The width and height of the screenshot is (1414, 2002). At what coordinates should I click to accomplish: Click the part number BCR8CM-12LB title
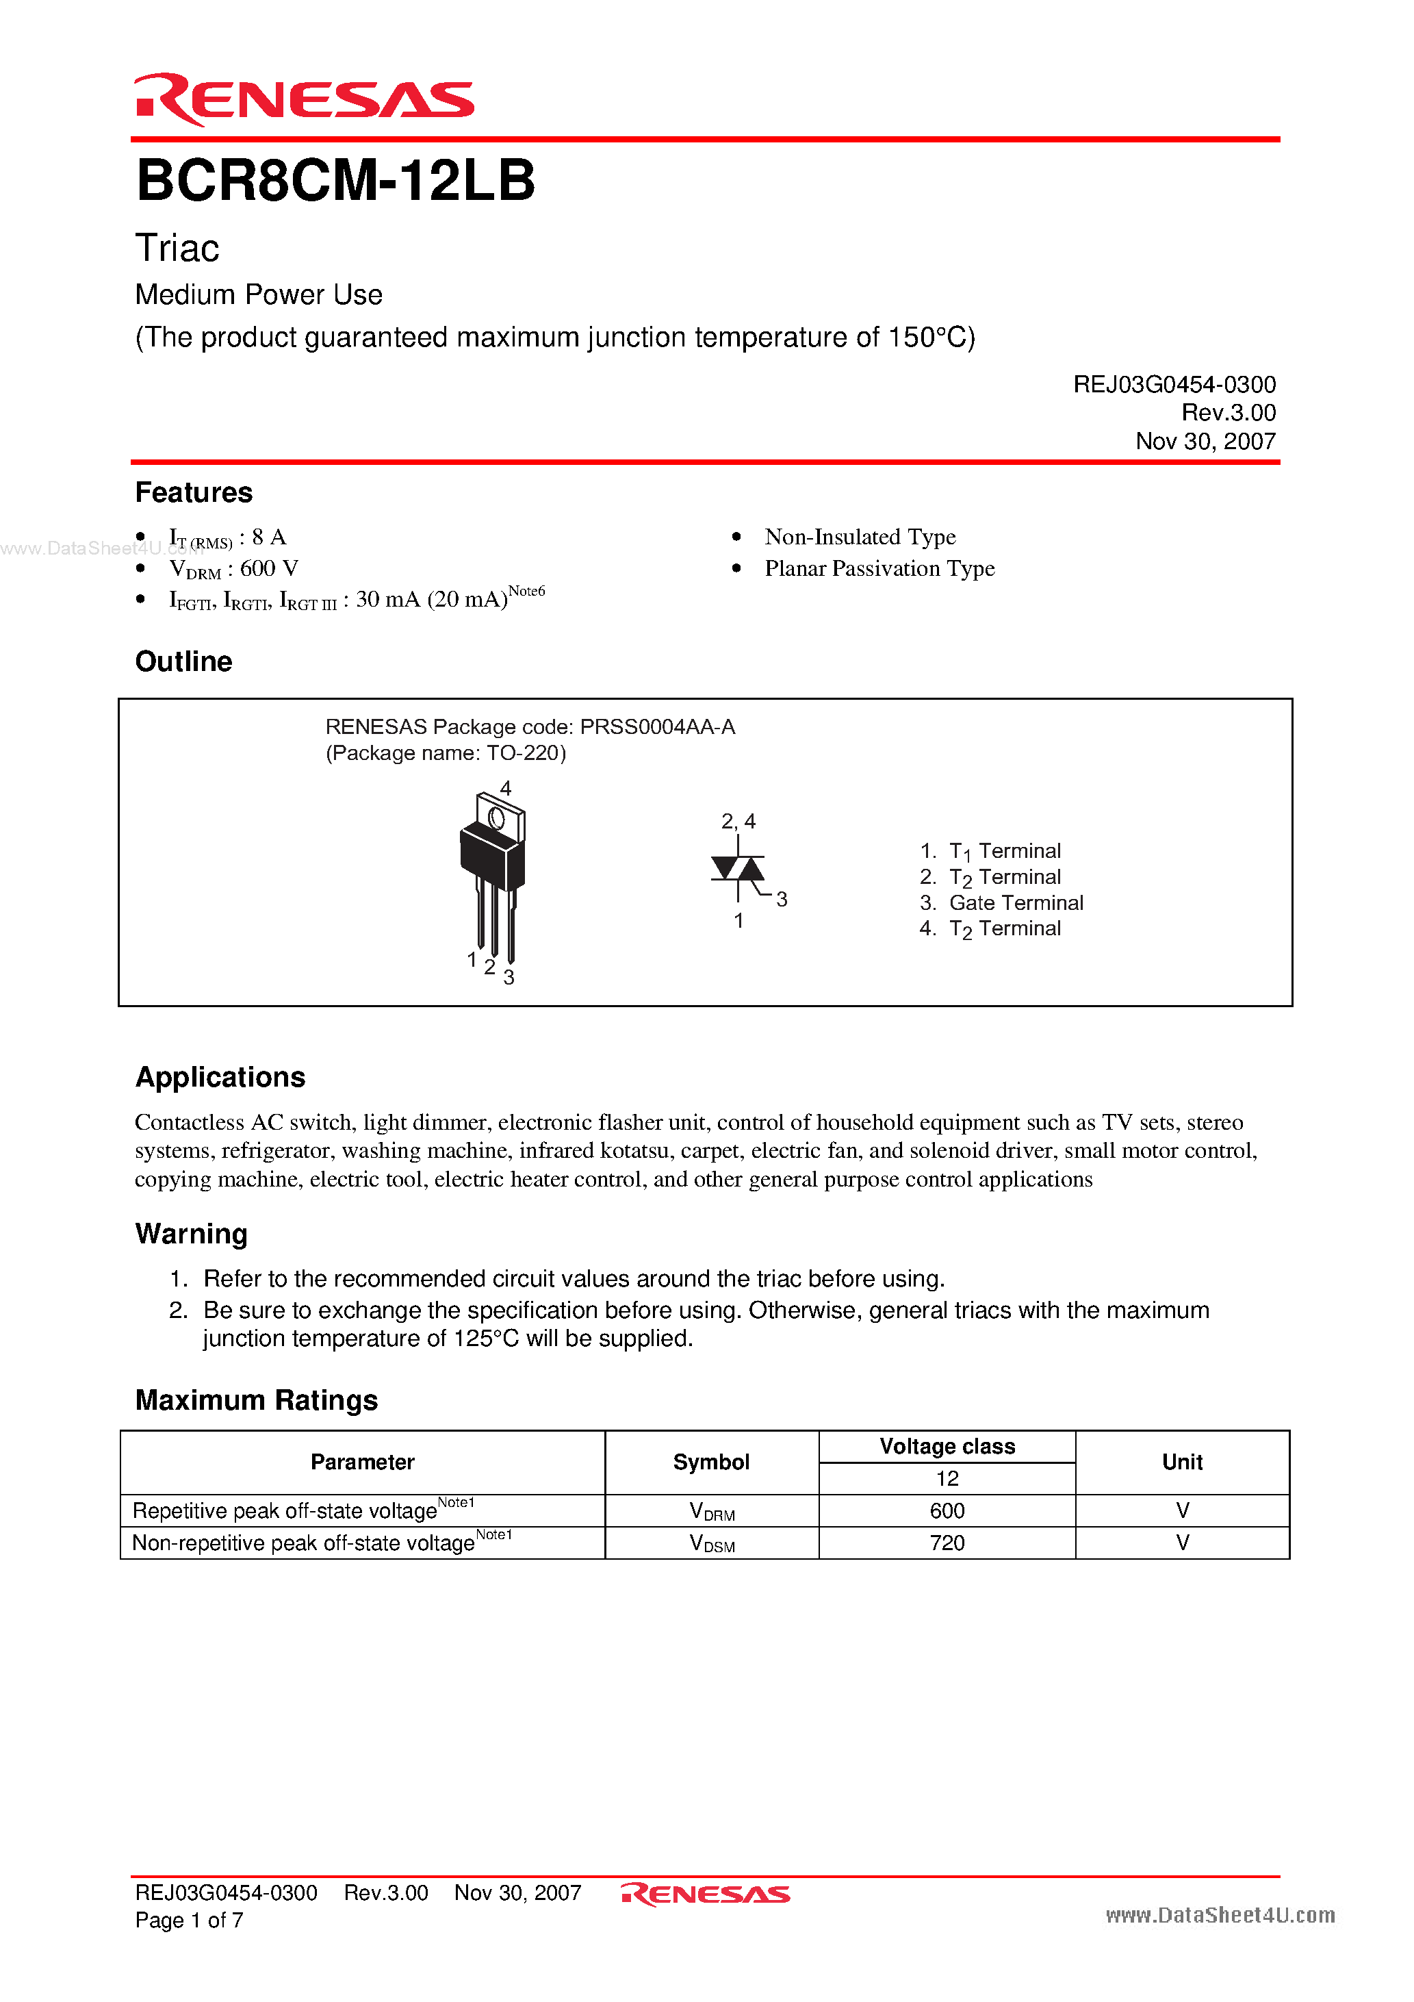click(x=335, y=181)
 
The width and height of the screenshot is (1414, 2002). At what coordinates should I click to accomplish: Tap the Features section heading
click(x=194, y=493)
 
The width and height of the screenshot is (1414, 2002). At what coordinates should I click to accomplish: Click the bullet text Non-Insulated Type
click(x=860, y=537)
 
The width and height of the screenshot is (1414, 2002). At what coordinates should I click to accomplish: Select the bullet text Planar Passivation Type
click(x=879, y=568)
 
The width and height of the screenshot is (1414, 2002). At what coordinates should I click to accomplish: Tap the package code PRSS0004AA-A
click(x=657, y=727)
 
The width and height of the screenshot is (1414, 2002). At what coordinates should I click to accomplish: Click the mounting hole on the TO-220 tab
click(x=497, y=818)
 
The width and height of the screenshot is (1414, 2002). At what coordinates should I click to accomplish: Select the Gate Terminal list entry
click(x=1016, y=902)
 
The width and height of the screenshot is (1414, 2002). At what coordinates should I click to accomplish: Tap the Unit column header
click(x=1182, y=1462)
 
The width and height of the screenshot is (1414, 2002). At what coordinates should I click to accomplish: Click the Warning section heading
click(x=191, y=1234)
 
